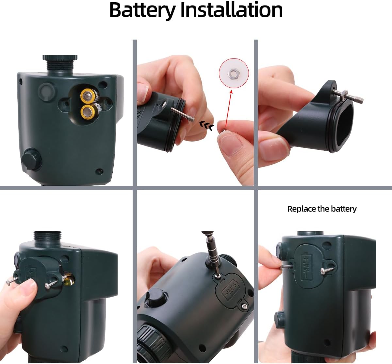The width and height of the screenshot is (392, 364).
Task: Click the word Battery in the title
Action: [142, 10]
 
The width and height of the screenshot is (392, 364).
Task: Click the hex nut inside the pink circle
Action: [234, 73]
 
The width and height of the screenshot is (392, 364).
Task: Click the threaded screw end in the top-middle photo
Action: [190, 117]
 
